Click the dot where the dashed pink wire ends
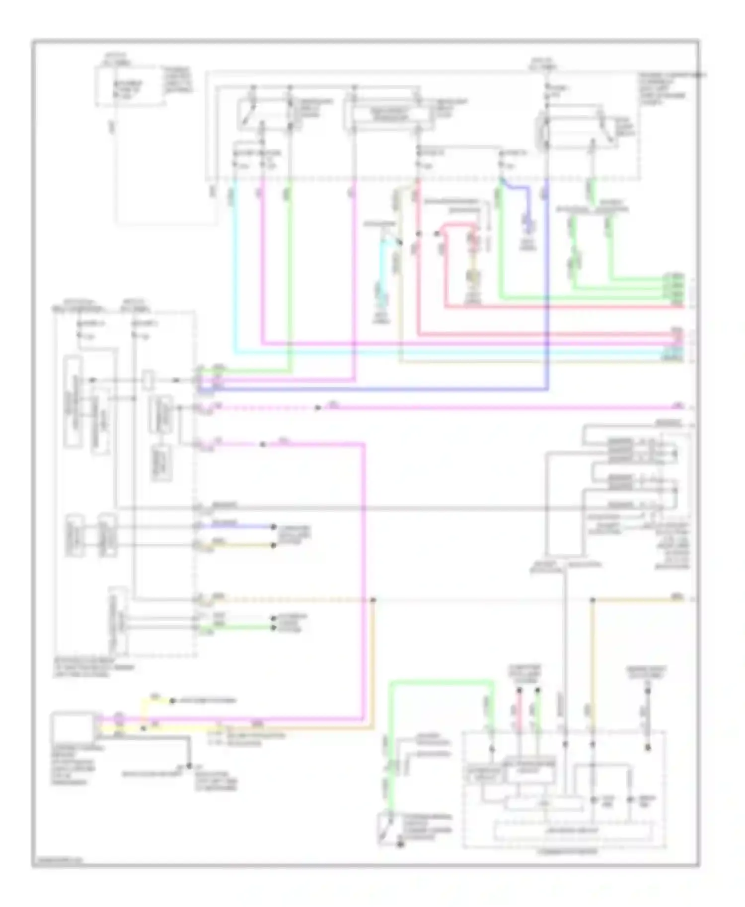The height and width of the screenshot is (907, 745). click(317, 408)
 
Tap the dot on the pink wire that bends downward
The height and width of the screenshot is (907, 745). click(263, 444)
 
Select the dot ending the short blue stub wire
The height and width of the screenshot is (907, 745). click(273, 526)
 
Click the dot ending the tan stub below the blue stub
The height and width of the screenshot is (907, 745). click(273, 545)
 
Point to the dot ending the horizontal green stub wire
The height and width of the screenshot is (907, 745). click(273, 628)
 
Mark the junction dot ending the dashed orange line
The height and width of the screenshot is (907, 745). click(373, 600)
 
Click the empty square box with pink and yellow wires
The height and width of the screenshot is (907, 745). click(72, 725)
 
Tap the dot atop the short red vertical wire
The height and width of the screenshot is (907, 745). click(519, 690)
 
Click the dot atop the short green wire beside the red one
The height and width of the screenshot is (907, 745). click(537, 690)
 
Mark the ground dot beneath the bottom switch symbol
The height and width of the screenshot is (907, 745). click(400, 844)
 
